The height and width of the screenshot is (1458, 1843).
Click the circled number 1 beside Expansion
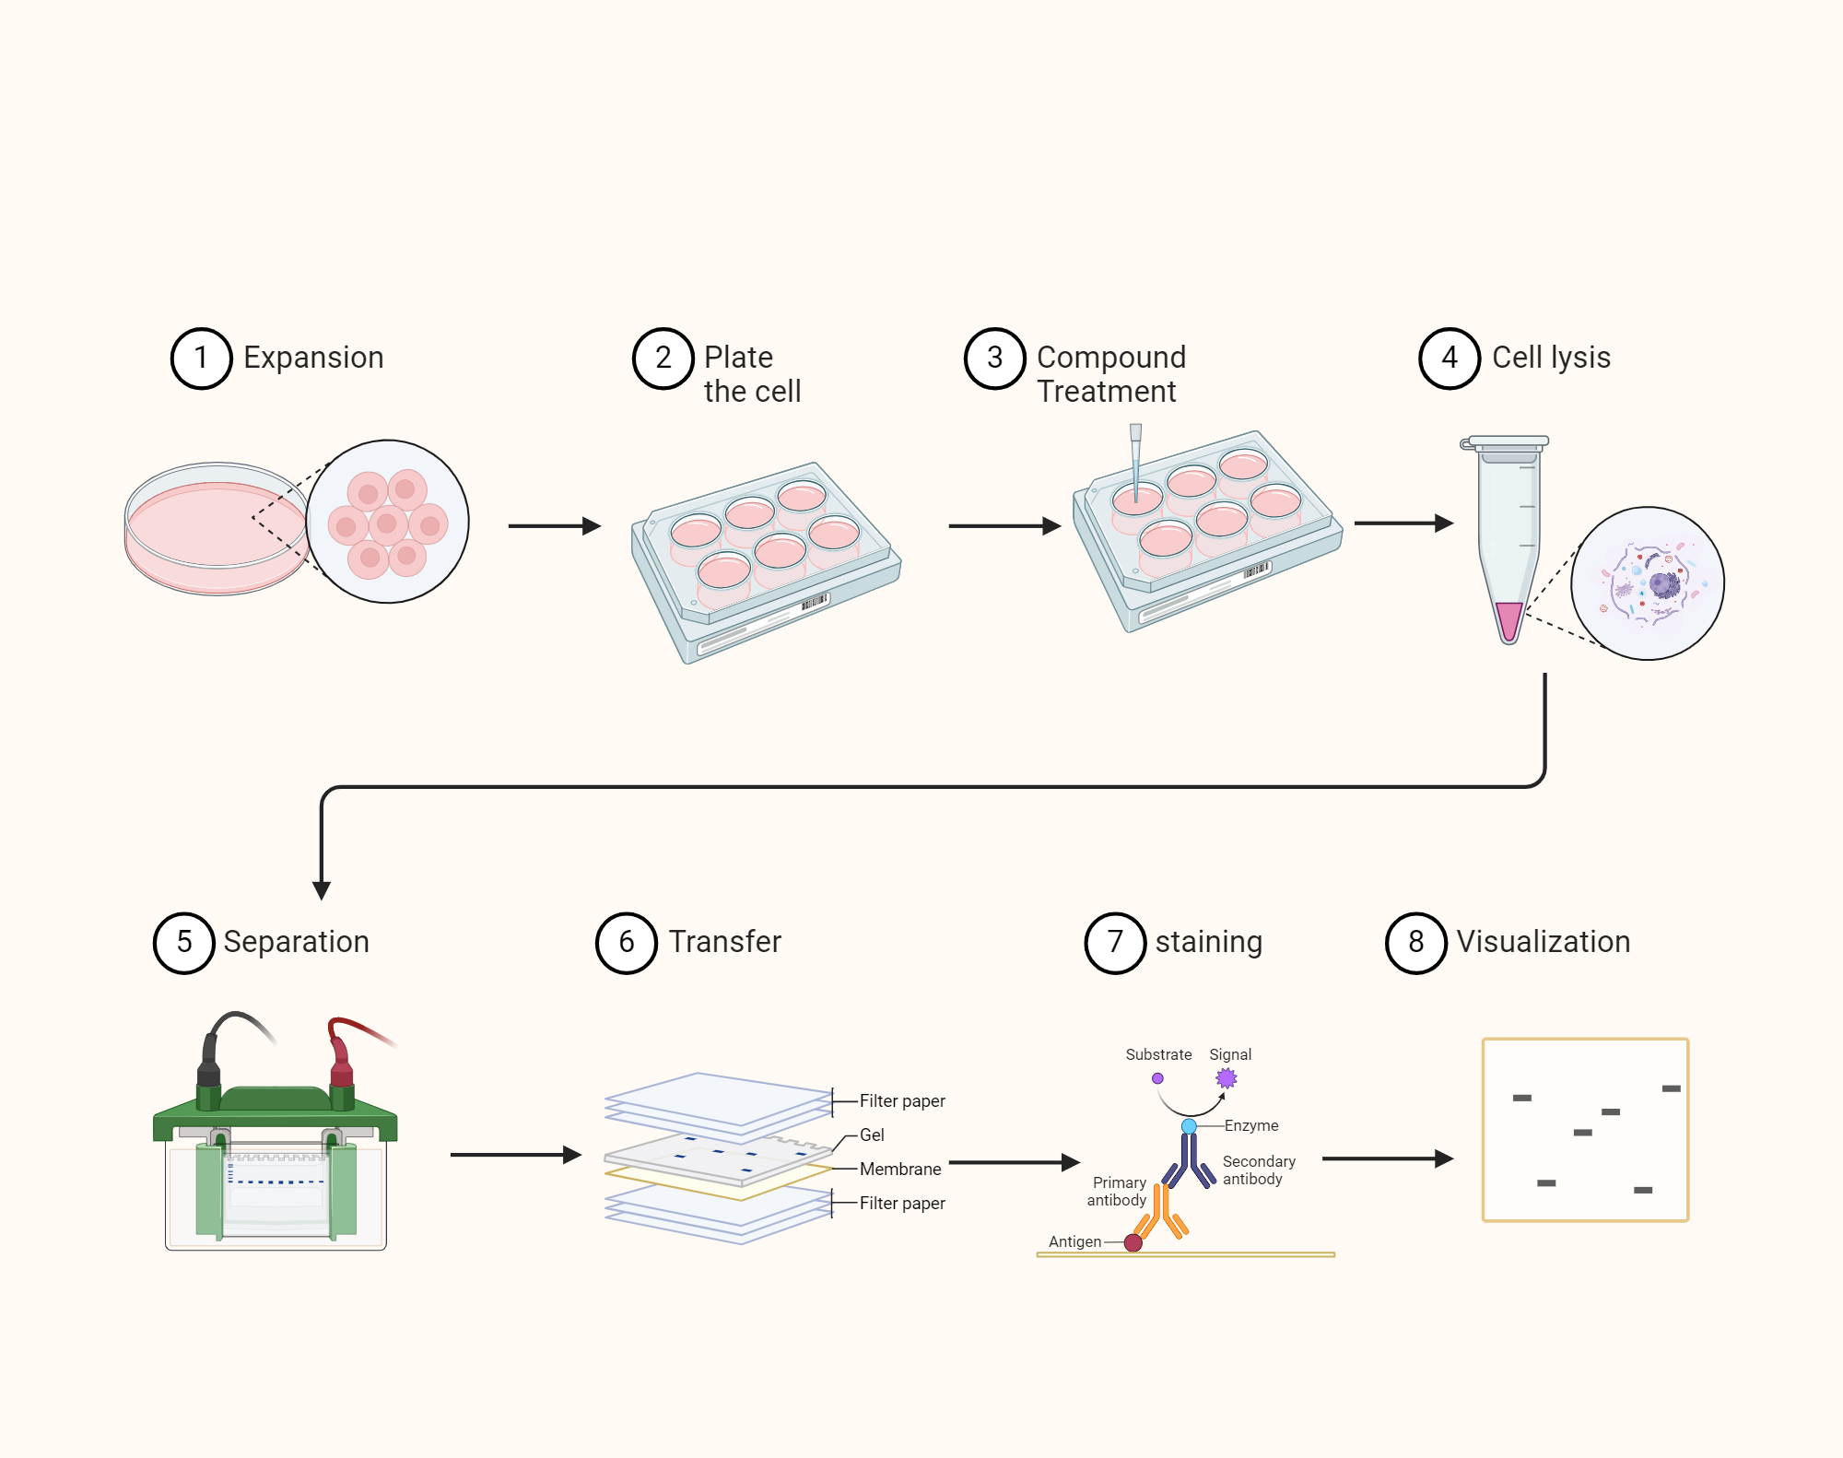201,359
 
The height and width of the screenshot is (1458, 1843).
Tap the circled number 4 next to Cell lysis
1449,359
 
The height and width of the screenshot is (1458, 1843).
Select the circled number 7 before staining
1114,943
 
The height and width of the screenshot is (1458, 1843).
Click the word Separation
296,942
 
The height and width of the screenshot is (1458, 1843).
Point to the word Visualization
1543,942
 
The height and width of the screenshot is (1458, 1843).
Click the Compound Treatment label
1110,374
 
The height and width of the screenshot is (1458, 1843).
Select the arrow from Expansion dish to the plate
554,526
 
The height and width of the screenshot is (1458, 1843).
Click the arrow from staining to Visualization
1386,1158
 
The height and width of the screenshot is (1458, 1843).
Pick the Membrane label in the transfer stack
900,1169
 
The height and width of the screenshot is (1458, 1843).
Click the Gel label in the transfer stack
872,1135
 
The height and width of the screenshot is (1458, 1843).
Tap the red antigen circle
1133,1242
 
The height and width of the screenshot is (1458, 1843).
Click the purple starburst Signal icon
1226,1077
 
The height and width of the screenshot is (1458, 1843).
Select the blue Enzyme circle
1189,1126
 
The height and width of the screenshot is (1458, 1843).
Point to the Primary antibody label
1118,1191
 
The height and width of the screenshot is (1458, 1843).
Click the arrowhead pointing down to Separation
322,889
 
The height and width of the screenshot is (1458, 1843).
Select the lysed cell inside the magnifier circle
1647,583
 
